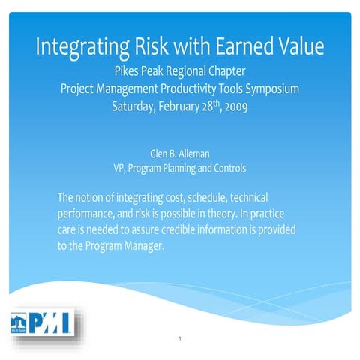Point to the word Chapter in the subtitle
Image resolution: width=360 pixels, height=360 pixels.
point(226,72)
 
